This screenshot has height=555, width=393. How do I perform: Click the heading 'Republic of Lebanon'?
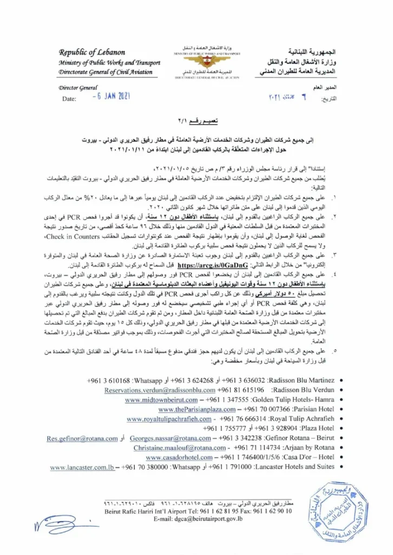92,53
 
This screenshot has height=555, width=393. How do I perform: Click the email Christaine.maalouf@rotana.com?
173,448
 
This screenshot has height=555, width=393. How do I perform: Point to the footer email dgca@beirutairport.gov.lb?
207,519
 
